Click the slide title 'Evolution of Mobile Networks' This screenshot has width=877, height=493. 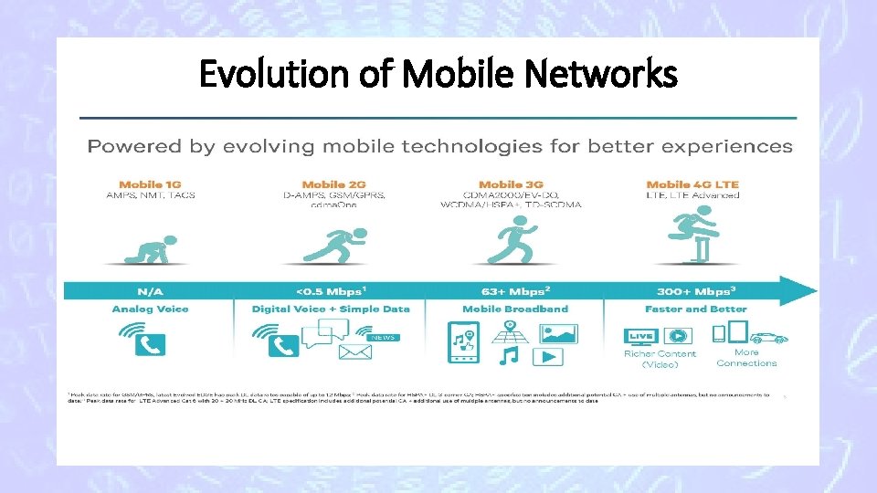(438, 74)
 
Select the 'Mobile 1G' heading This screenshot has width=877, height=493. (151, 184)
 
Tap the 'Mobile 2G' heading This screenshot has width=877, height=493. (331, 184)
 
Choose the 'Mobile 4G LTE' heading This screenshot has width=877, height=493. (692, 184)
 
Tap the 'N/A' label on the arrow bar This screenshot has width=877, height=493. (150, 290)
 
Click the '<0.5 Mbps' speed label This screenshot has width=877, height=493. (330, 290)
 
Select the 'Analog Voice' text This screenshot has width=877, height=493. (151, 309)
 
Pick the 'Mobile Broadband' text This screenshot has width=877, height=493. (514, 309)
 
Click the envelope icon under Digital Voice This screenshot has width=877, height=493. (355, 352)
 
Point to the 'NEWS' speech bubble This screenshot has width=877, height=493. (383, 337)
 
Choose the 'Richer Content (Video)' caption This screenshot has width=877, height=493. (660, 359)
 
